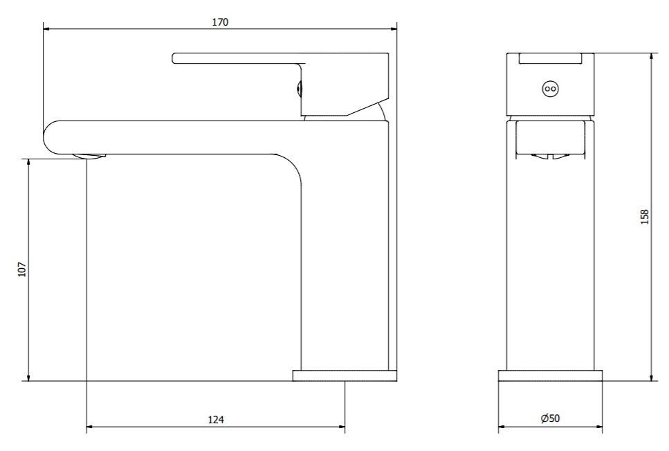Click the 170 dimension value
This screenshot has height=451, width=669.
pos(220,21)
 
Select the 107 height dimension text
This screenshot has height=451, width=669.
pos(22,269)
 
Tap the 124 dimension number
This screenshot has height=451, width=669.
pos(216,420)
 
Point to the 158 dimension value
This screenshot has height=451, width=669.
pos(645,217)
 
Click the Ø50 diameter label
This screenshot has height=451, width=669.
pos(551,418)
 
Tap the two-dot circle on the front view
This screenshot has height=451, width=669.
pos(551,89)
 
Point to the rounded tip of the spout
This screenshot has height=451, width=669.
pos(45,138)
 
